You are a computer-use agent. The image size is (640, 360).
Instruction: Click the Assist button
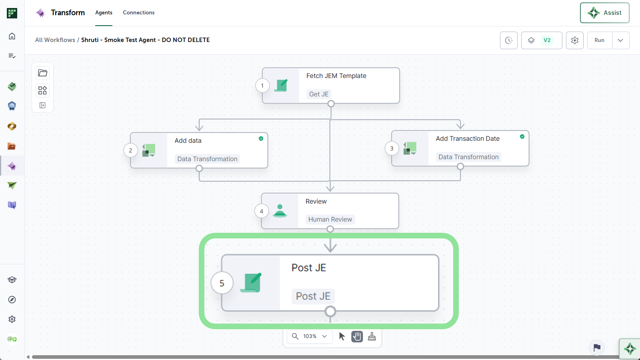pyautogui.click(x=604, y=13)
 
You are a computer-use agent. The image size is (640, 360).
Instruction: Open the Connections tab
pyautogui.click(x=138, y=12)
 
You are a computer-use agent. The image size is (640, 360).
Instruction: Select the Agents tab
pyautogui.click(x=104, y=12)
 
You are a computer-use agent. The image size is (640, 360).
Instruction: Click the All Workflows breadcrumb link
pyautogui.click(x=55, y=40)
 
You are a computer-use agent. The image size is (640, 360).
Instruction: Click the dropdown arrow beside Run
pyautogui.click(x=620, y=40)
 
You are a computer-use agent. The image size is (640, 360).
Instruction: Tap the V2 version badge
pyautogui.click(x=547, y=40)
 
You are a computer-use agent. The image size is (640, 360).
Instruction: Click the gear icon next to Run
pyautogui.click(x=574, y=40)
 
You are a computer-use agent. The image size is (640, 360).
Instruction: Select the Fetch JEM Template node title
pyautogui.click(x=336, y=76)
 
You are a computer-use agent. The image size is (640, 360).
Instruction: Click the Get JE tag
pyautogui.click(x=319, y=94)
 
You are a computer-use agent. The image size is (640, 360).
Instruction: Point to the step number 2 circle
pyautogui.click(x=130, y=150)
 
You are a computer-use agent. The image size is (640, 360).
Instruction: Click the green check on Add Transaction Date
pyautogui.click(x=522, y=136)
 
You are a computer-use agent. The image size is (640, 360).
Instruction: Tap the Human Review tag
pyautogui.click(x=330, y=220)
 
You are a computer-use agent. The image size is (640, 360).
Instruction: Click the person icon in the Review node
pyautogui.click(x=280, y=211)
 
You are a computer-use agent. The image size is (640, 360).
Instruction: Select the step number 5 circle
pyautogui.click(x=222, y=283)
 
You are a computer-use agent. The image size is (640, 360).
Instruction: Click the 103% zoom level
pyautogui.click(x=310, y=336)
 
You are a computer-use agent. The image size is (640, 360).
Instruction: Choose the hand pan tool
pyautogui.click(x=357, y=336)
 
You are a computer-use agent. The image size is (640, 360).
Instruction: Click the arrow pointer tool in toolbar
pyautogui.click(x=342, y=336)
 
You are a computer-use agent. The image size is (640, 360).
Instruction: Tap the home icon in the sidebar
pyautogui.click(x=12, y=36)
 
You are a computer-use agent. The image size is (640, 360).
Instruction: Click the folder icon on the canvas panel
pyautogui.click(x=42, y=73)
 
